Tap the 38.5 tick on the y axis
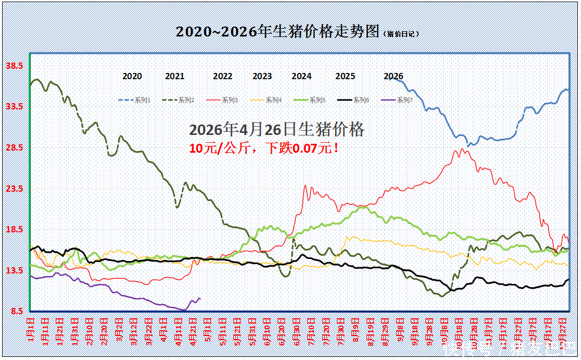(x=14, y=66)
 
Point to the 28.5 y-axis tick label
(x=14, y=147)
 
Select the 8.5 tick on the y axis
(x=16, y=311)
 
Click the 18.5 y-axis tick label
(x=14, y=229)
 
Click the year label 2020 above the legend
(x=132, y=76)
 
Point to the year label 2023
(x=262, y=76)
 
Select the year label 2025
(x=345, y=76)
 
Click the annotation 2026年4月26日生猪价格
(x=276, y=130)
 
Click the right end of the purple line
(x=200, y=299)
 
